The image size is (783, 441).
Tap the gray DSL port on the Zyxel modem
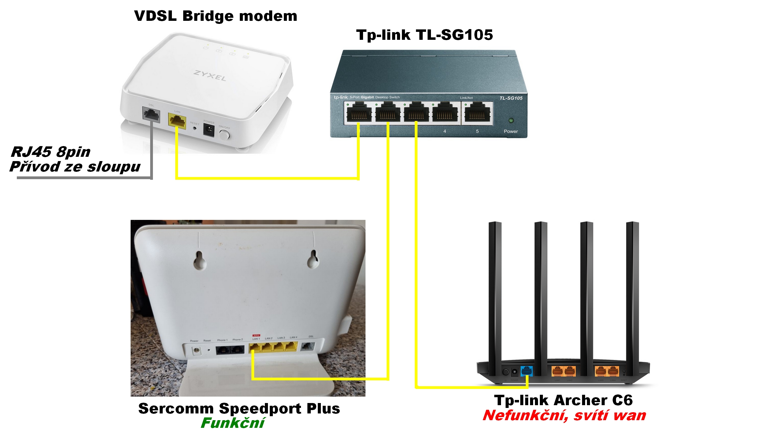(151, 115)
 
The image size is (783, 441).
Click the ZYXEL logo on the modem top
(210, 76)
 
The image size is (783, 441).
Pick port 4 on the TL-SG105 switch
(444, 114)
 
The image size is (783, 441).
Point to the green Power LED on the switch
(510, 120)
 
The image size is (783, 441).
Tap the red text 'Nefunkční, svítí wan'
(564, 416)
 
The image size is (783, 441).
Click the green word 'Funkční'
(232, 423)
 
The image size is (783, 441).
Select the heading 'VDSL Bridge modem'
(216, 16)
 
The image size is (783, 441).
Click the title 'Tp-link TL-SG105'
(425, 35)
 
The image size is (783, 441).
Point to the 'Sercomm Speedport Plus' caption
(239, 408)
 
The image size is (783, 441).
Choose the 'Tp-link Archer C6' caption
(563, 400)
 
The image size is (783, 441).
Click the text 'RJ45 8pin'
(51, 152)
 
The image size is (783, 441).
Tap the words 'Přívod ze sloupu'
(75, 167)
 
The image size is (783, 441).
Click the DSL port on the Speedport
(308, 347)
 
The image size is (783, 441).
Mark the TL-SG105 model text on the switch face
(511, 98)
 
